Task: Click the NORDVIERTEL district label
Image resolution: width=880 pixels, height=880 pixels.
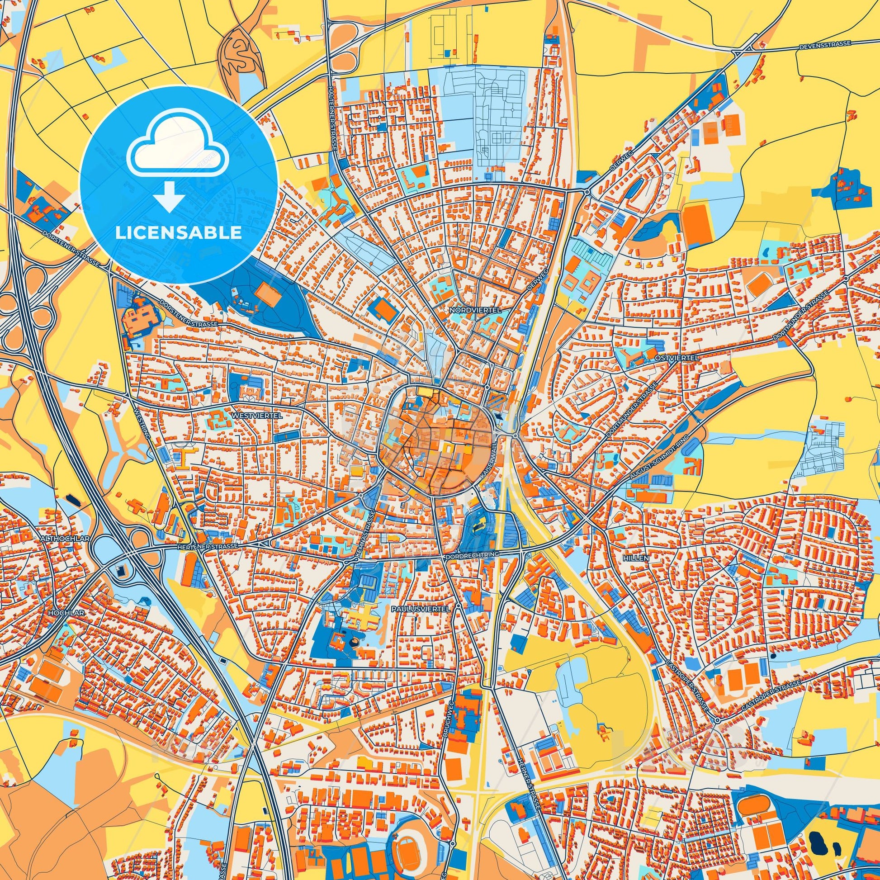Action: coord(475,310)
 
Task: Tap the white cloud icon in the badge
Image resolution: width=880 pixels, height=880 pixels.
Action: coord(179,148)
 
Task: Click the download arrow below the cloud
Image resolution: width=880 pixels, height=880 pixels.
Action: coord(169,197)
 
